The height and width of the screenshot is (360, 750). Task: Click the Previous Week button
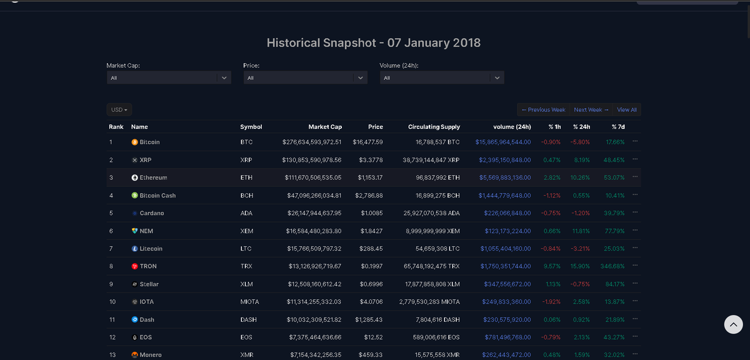(x=542, y=110)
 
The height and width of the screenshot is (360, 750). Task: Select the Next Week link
(x=591, y=110)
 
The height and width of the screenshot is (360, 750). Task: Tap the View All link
(x=627, y=110)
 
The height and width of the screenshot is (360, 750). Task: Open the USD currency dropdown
(x=119, y=110)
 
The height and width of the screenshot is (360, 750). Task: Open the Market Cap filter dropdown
(x=169, y=78)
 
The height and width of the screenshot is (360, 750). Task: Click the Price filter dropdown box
(x=305, y=78)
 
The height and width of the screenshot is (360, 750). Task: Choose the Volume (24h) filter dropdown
(x=441, y=78)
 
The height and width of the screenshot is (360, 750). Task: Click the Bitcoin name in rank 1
(x=149, y=142)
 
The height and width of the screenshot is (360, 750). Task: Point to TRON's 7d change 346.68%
(x=611, y=266)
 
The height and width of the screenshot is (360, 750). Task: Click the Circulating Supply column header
(x=433, y=127)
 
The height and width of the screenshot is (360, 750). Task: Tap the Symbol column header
(x=251, y=127)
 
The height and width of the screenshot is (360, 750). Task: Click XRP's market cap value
(x=312, y=160)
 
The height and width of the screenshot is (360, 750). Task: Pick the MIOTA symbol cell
(x=249, y=302)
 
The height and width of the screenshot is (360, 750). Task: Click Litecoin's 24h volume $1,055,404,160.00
(x=505, y=249)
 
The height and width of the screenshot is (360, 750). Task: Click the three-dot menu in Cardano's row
(x=635, y=212)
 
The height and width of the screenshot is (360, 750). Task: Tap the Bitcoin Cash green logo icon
(x=134, y=196)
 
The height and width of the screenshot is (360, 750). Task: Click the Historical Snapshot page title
(x=374, y=43)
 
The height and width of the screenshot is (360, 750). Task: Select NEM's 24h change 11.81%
(x=581, y=231)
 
